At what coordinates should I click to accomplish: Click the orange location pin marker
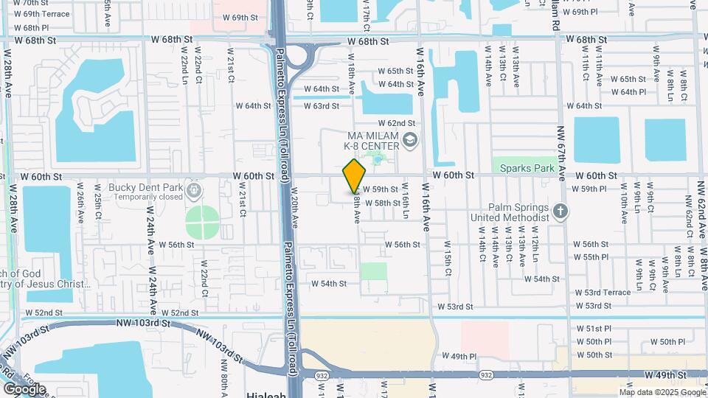coord(355,176)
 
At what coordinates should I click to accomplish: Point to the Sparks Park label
coord(527,168)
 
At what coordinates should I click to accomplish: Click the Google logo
coord(24,388)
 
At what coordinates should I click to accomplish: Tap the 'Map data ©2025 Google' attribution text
coord(662,392)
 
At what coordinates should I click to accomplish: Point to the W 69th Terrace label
coord(46,14)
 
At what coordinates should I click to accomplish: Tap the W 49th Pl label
coord(459,356)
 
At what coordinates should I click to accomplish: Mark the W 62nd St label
coord(408,123)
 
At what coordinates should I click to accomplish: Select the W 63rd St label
coord(321,106)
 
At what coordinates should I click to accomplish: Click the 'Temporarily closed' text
coord(143,197)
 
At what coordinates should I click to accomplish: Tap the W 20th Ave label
coord(294,211)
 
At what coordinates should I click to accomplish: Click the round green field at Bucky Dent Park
coord(202,222)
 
